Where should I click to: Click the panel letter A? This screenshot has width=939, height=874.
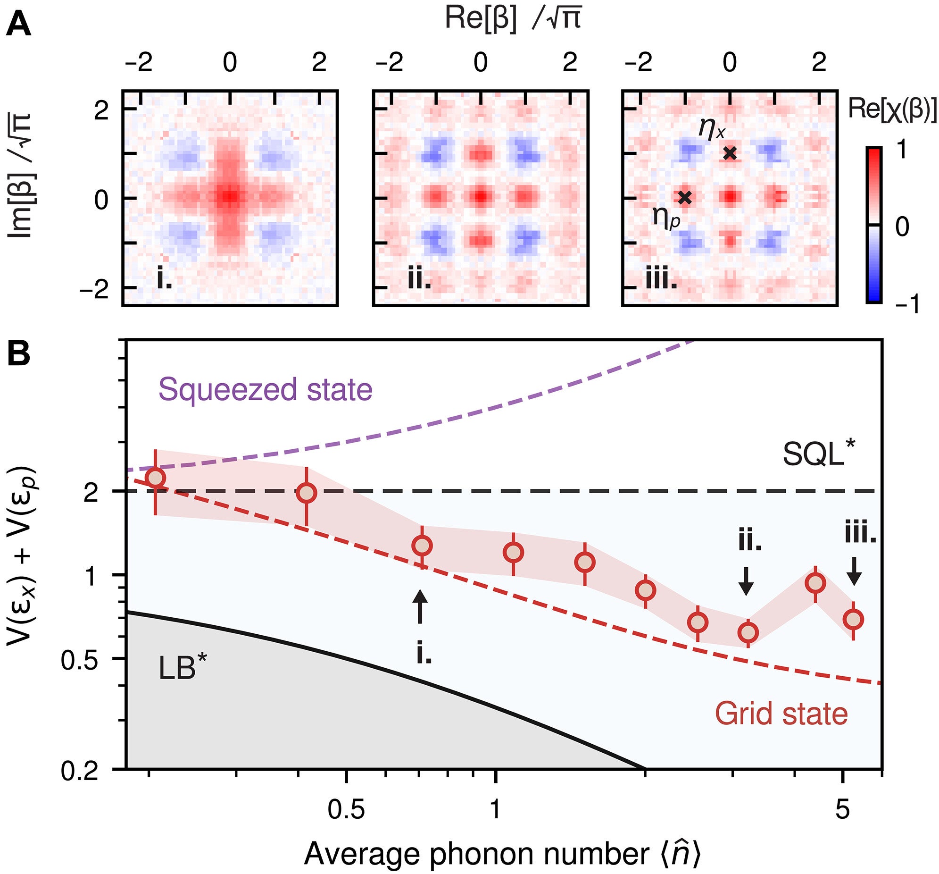click(19, 25)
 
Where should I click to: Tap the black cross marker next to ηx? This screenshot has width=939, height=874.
click(730, 153)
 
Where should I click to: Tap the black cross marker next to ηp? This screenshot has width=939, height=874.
click(684, 198)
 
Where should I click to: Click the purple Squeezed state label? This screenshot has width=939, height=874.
click(265, 390)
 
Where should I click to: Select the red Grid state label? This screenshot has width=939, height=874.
click(781, 713)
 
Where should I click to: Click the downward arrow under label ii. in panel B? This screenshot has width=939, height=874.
click(746, 581)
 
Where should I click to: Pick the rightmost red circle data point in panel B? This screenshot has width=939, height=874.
click(854, 619)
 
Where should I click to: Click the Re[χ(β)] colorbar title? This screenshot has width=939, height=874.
click(892, 109)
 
